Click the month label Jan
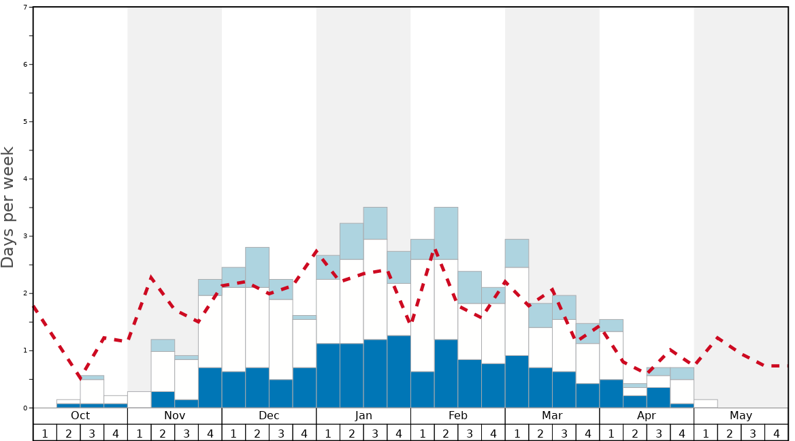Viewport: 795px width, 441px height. [363, 416]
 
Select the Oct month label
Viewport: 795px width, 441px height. [80, 416]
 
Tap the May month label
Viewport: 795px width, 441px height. [741, 416]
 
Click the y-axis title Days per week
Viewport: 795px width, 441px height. [8, 208]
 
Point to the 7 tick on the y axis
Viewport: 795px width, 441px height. [25, 7]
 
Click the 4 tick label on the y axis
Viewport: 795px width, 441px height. [25, 179]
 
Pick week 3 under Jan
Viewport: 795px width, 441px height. [375, 433]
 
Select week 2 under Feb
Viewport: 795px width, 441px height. [446, 433]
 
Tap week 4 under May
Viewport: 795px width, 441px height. [776, 433]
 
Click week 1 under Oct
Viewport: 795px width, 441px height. [45, 433]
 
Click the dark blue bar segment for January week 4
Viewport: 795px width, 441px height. [399, 372]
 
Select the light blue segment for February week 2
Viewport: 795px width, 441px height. [446, 233]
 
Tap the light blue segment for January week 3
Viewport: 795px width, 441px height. [375, 223]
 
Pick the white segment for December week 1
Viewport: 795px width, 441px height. [233, 329]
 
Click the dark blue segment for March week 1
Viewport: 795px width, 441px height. [517, 381]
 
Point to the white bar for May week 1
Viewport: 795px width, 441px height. [705, 404]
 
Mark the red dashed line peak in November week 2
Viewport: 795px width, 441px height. [151, 277]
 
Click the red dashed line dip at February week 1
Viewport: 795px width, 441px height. [410, 323]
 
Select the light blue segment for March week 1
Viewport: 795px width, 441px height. [517, 253]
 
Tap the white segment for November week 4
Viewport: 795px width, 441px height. [210, 331]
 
